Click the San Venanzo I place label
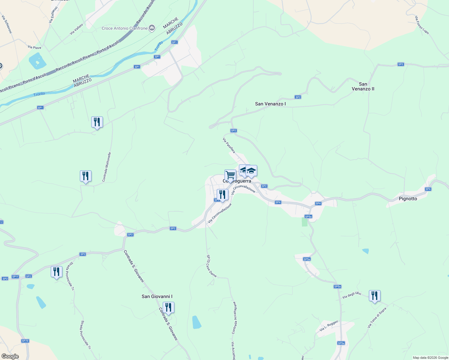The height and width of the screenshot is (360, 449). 270,104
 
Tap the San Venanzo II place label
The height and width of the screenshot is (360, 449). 363,86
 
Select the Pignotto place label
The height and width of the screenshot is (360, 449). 408,199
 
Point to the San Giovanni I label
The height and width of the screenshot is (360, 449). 157,296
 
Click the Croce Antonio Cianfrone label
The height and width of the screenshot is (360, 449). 125,28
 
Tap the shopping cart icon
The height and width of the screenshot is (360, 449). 230,175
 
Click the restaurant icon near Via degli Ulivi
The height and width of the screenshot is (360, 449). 375,296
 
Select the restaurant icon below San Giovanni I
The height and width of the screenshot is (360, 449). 168,307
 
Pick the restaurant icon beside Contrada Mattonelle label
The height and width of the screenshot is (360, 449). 86,176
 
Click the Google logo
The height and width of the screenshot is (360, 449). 10,356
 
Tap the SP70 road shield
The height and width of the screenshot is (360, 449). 25,341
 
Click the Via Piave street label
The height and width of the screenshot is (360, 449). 35,47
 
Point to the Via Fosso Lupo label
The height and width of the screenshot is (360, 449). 422,25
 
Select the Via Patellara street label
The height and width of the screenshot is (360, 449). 229,145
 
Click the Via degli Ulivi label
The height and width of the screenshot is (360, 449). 351,295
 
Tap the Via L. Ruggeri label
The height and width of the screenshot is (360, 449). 329,325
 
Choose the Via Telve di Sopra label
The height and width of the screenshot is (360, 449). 377,317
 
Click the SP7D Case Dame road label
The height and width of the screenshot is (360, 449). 211,266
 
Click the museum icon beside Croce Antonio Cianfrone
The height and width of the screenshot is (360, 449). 152,28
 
